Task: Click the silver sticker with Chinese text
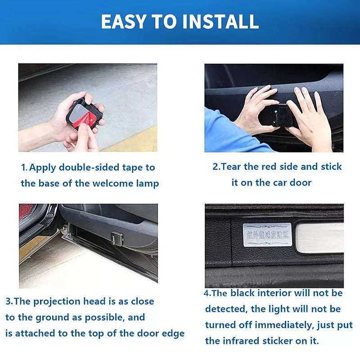pyautogui.click(x=266, y=234)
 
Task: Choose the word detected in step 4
pyautogui.click(x=224, y=309)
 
